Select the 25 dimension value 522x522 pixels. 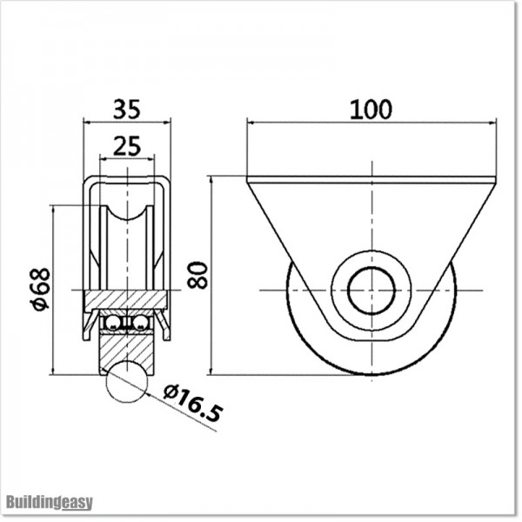127,145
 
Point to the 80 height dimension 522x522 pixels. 198,275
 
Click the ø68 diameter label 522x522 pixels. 40,289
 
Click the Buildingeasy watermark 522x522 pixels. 49,502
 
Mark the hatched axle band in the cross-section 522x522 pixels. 127,299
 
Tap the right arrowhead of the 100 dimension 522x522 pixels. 492,123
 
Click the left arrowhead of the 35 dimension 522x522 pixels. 88,123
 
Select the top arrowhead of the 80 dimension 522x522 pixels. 211,180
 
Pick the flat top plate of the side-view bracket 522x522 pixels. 371,180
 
